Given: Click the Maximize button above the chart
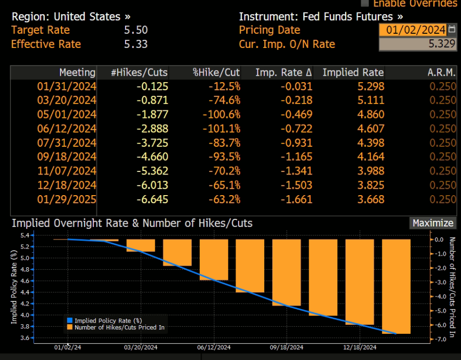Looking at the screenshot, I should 433,223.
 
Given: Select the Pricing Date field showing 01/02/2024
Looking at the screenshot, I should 413,30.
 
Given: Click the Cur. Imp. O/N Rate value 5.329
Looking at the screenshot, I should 413,44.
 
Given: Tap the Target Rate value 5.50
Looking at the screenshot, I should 136,30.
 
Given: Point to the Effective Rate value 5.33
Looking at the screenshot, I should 136,44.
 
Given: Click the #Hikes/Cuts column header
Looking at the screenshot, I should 139,73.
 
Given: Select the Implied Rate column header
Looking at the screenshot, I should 353,73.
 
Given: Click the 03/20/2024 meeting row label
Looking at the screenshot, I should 67,100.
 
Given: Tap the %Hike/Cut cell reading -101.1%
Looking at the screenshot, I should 221,129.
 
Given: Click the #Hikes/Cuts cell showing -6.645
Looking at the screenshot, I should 152,199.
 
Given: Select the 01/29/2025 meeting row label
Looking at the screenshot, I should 67,199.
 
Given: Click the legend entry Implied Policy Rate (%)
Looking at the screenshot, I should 108,321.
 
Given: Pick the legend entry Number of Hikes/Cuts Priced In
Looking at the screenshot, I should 120,327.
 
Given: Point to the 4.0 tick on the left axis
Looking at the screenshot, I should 24,315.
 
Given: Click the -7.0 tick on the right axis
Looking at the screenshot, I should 439,339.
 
